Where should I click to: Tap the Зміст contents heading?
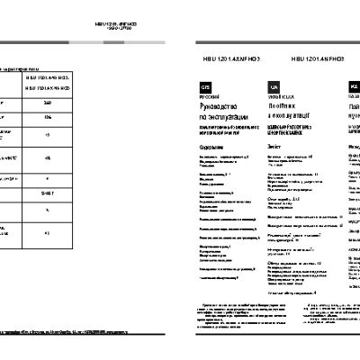275,146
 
